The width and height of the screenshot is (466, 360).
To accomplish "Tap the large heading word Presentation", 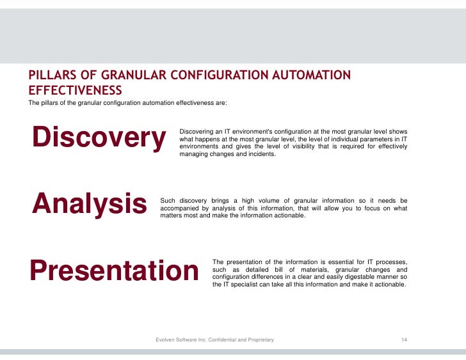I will tap(114, 271).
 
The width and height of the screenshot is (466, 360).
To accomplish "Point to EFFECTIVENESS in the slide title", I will tap(75, 90).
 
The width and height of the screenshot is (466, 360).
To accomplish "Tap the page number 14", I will tap(404, 340).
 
